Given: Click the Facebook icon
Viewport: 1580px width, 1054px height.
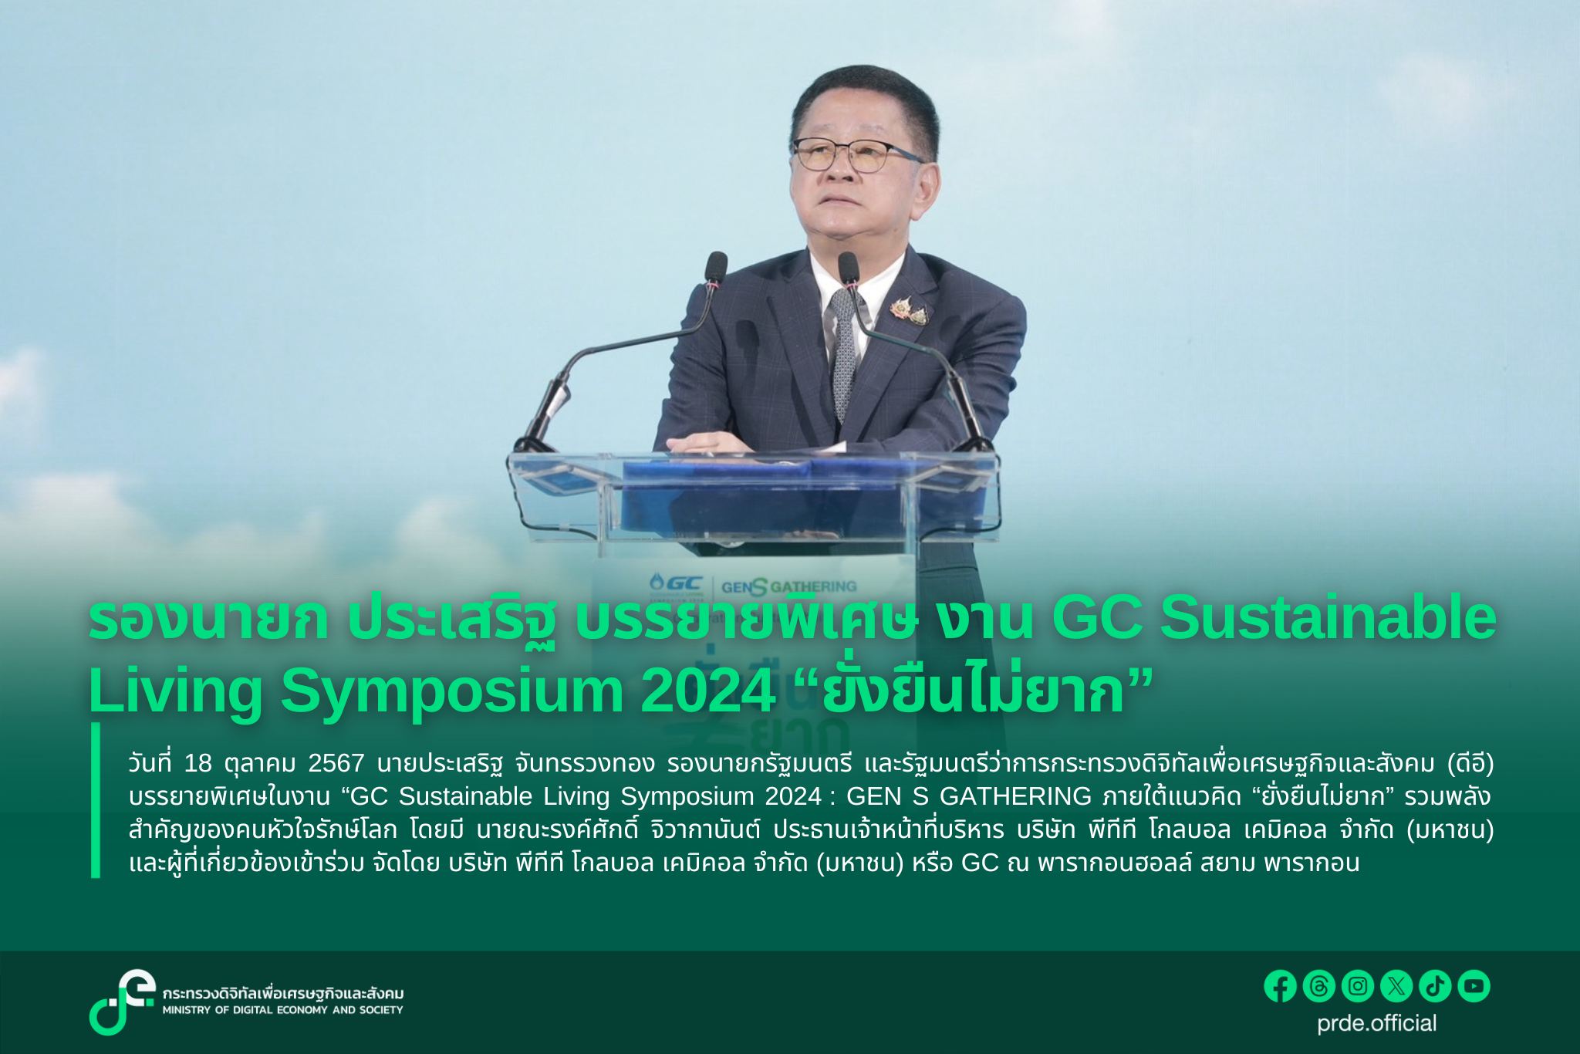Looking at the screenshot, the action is [1280, 986].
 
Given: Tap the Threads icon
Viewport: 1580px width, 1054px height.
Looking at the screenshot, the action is [1318, 986].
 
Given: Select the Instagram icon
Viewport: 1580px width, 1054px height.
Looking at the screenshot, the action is [1358, 986].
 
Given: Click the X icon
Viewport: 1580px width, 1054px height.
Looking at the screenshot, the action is [1396, 986].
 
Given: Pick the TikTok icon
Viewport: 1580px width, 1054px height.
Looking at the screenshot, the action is [1435, 986].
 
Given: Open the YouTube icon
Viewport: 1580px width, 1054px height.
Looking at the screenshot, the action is [1474, 986].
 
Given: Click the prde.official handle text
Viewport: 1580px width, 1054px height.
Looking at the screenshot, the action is [1377, 1024].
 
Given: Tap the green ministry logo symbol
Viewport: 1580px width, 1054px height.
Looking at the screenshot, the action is [122, 1002].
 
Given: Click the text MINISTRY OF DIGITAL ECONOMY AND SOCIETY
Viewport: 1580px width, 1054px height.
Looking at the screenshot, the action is [282, 1010].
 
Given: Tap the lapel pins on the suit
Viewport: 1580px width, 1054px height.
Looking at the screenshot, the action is [908, 309].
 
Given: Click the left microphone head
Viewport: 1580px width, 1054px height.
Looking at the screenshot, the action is [716, 268].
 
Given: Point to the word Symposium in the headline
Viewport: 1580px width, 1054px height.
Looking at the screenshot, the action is [451, 691].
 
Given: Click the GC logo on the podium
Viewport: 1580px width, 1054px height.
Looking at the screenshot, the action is [676, 583].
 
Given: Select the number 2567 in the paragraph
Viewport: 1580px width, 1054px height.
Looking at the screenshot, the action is [336, 763].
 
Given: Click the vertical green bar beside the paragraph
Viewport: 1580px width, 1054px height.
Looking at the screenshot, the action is [96, 800].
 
